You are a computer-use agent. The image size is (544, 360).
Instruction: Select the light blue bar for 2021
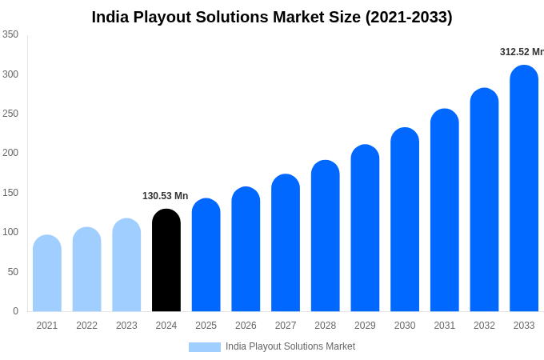[x=47, y=274]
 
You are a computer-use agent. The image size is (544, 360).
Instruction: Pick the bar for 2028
[x=326, y=236]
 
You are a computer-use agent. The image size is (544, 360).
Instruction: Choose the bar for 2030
[x=405, y=220]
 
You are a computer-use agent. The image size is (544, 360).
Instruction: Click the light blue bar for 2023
[x=126, y=265]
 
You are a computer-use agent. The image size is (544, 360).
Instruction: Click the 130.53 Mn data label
[x=165, y=196]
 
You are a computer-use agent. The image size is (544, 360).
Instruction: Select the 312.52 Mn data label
[x=521, y=52]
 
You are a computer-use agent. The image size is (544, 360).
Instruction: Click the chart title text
[x=272, y=17]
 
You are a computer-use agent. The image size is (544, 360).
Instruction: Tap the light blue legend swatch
[x=205, y=346]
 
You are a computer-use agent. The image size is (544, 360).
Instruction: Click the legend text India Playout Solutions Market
[x=290, y=346]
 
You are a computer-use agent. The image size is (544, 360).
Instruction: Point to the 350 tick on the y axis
[x=10, y=34]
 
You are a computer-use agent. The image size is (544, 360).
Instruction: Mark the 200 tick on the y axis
[x=10, y=153]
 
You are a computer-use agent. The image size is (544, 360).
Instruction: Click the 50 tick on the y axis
[x=13, y=272]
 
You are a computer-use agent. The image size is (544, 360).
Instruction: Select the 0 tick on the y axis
[x=15, y=311]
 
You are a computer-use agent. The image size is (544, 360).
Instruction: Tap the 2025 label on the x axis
[x=206, y=326]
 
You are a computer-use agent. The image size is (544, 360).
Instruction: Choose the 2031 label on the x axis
[x=445, y=326]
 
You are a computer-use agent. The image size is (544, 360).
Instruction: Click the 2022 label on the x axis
[x=86, y=326]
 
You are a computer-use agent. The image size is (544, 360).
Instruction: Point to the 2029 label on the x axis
[x=365, y=326]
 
